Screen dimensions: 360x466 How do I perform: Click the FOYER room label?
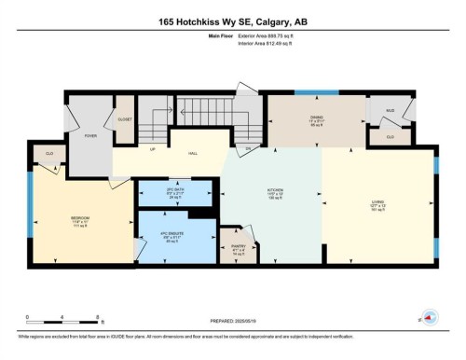click(90, 136)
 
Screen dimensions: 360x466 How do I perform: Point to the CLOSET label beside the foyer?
click(124, 119)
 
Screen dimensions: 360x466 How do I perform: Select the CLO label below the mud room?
click(390, 136)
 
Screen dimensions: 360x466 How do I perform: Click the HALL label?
click(194, 153)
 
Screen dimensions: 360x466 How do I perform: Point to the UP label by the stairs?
click(152, 148)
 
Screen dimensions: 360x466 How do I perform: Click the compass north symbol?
click(430, 318)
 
